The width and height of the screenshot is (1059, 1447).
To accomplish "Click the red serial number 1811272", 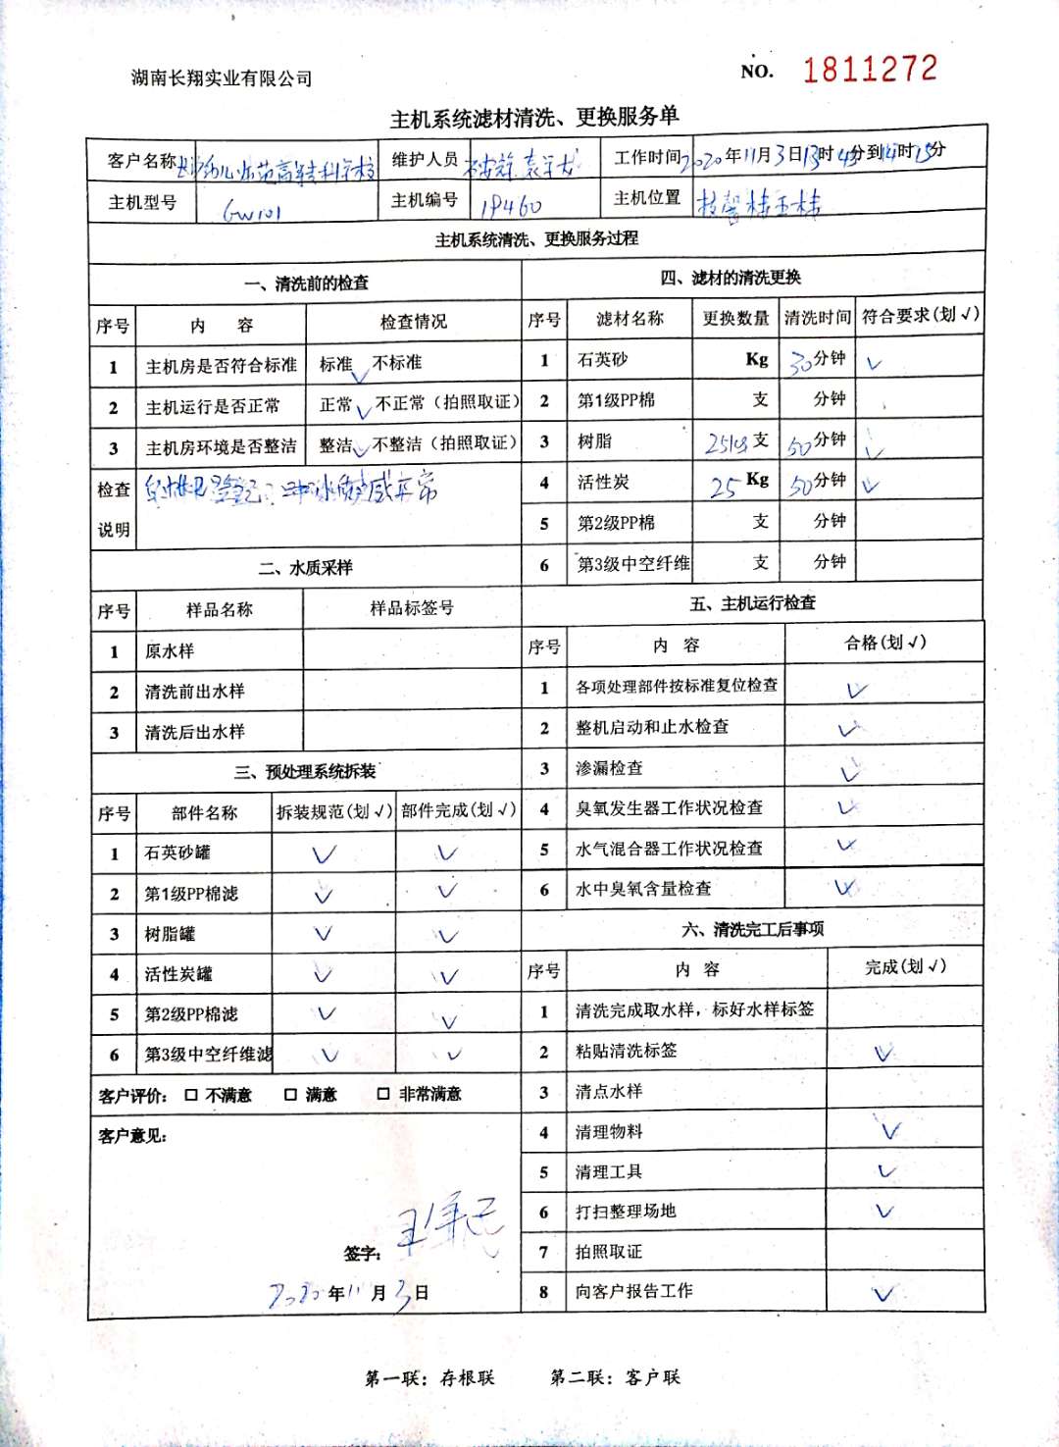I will coord(870,69).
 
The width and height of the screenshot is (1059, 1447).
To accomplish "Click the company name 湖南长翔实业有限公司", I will coord(222,78).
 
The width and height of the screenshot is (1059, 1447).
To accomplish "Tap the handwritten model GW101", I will coord(252,210).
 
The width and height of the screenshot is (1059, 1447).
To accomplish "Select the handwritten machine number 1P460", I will coord(511,206).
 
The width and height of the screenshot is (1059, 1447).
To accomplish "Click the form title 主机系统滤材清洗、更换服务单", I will coord(534,118).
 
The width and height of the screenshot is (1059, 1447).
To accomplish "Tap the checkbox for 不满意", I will coord(191,1094).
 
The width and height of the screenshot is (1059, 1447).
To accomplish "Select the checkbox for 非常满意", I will coord(383,1093).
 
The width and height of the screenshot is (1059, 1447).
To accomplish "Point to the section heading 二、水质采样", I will coord(305,568).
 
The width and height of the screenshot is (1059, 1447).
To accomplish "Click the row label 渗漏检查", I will coord(609,768).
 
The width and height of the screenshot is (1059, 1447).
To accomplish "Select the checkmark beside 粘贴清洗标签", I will coord(884,1053).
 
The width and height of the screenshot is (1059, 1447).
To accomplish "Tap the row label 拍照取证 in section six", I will coord(608,1252).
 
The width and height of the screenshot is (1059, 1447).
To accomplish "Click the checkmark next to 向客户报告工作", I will coord(883,1293).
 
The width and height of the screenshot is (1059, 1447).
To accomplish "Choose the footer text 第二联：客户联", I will coord(615,1377).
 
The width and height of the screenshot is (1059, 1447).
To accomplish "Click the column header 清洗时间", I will coord(817,318).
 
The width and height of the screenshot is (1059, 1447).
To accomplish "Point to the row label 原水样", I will coord(170,651).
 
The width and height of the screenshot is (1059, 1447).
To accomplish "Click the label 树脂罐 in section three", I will coord(170,934).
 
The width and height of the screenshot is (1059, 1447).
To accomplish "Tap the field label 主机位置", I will coord(646,198).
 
